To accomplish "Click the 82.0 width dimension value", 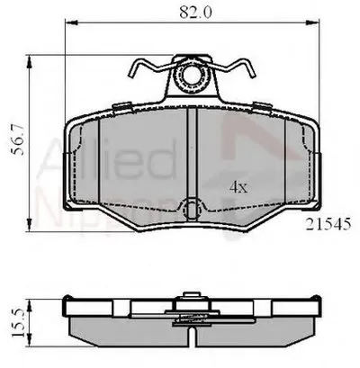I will coord(190,13).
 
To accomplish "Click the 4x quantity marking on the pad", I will coord(238,187).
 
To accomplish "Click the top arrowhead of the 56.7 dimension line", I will coord(33,59).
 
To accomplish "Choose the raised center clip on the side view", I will coord(190,299).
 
